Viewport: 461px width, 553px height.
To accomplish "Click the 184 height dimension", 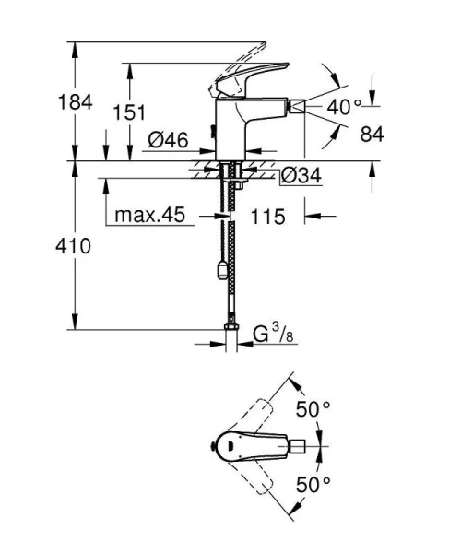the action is (x=75, y=102).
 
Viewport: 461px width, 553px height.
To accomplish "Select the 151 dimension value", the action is (x=129, y=112).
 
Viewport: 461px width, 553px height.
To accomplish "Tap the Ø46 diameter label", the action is (x=168, y=140).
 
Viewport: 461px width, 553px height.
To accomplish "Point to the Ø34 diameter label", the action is (x=301, y=175).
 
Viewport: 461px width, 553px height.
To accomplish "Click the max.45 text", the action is (x=150, y=215).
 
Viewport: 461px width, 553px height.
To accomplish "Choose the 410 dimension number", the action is (x=73, y=246).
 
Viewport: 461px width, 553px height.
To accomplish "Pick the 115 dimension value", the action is (x=267, y=217).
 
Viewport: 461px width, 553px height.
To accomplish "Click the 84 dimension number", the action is (x=372, y=134).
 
